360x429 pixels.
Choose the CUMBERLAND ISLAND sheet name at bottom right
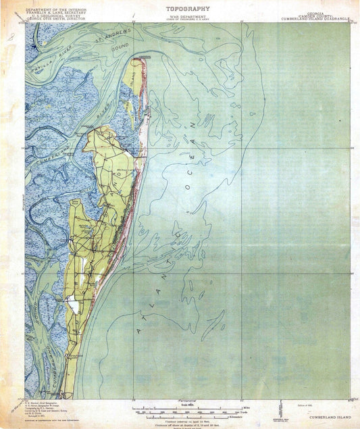330,418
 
